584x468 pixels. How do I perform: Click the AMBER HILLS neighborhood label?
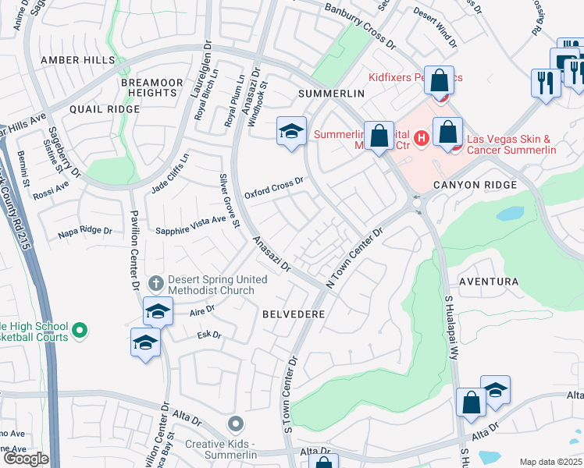point(78,60)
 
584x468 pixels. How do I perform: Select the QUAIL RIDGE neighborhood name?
point(105,110)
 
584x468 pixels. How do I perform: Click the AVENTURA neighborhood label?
point(488,281)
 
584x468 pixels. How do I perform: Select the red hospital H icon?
point(422,139)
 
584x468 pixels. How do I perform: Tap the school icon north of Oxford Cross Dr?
point(291,131)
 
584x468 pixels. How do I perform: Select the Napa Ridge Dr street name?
point(85,232)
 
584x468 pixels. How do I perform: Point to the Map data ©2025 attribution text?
point(550,462)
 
